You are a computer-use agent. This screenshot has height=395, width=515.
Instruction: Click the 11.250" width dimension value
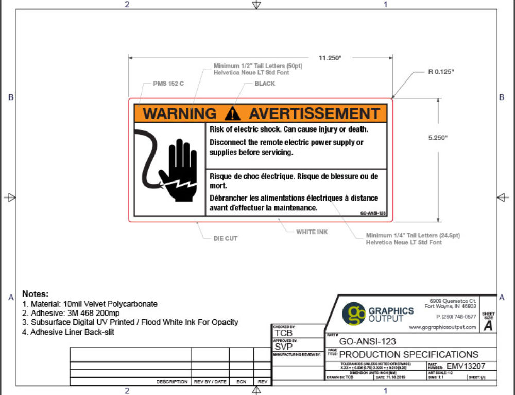point(330,58)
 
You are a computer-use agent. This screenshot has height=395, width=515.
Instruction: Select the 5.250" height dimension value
point(439,138)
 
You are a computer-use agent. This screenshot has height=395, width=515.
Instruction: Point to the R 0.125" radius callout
point(441,72)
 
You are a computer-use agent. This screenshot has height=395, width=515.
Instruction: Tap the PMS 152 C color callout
point(168,84)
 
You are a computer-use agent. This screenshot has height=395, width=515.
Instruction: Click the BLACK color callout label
point(265,84)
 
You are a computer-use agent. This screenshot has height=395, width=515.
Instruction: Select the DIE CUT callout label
point(226,239)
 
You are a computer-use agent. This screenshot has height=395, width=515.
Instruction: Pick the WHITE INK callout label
point(312,232)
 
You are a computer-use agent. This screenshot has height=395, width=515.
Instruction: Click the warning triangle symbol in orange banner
point(233,113)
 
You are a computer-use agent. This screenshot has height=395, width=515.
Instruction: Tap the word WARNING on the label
point(179,113)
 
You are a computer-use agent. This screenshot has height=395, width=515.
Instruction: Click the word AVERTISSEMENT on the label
point(314,113)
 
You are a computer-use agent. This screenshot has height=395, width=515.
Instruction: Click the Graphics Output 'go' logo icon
point(354,314)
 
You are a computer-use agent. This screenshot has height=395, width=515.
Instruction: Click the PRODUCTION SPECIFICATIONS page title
point(409,354)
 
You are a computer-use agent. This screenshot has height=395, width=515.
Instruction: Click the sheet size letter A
point(488,325)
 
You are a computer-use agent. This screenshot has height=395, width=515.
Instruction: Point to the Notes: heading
point(35,293)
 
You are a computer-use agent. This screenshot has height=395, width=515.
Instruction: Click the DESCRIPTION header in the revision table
point(172,382)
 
